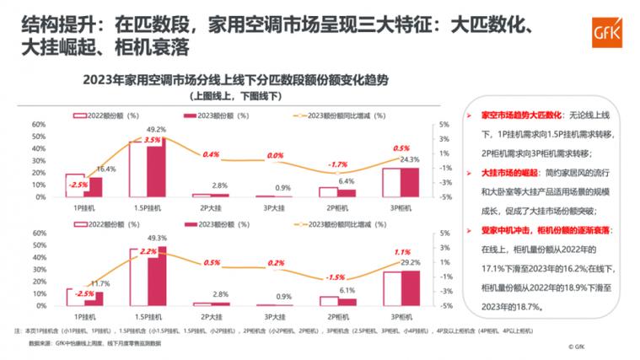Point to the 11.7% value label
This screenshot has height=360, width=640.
click(100, 283)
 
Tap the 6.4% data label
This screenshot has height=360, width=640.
click(346, 181)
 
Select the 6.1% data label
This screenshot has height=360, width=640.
click(346, 290)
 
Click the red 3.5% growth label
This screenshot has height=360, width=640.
click(153, 139)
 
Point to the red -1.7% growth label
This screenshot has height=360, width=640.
click(337, 164)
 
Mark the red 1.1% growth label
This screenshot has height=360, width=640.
click(402, 252)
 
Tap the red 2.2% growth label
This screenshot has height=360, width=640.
click(148, 251)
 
